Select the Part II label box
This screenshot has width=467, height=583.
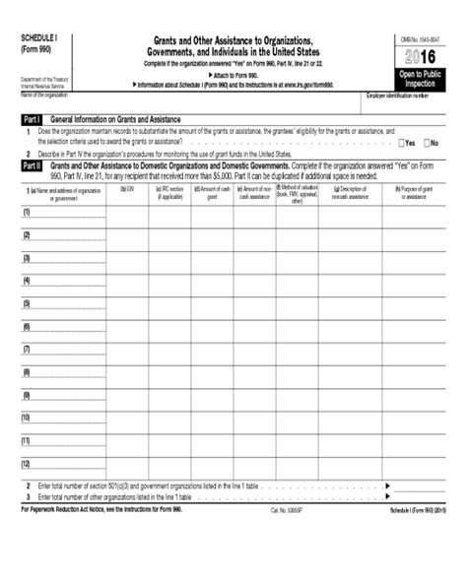[x=32, y=166]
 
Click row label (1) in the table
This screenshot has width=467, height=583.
[x=27, y=212]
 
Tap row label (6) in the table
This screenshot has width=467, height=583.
[x=27, y=326]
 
